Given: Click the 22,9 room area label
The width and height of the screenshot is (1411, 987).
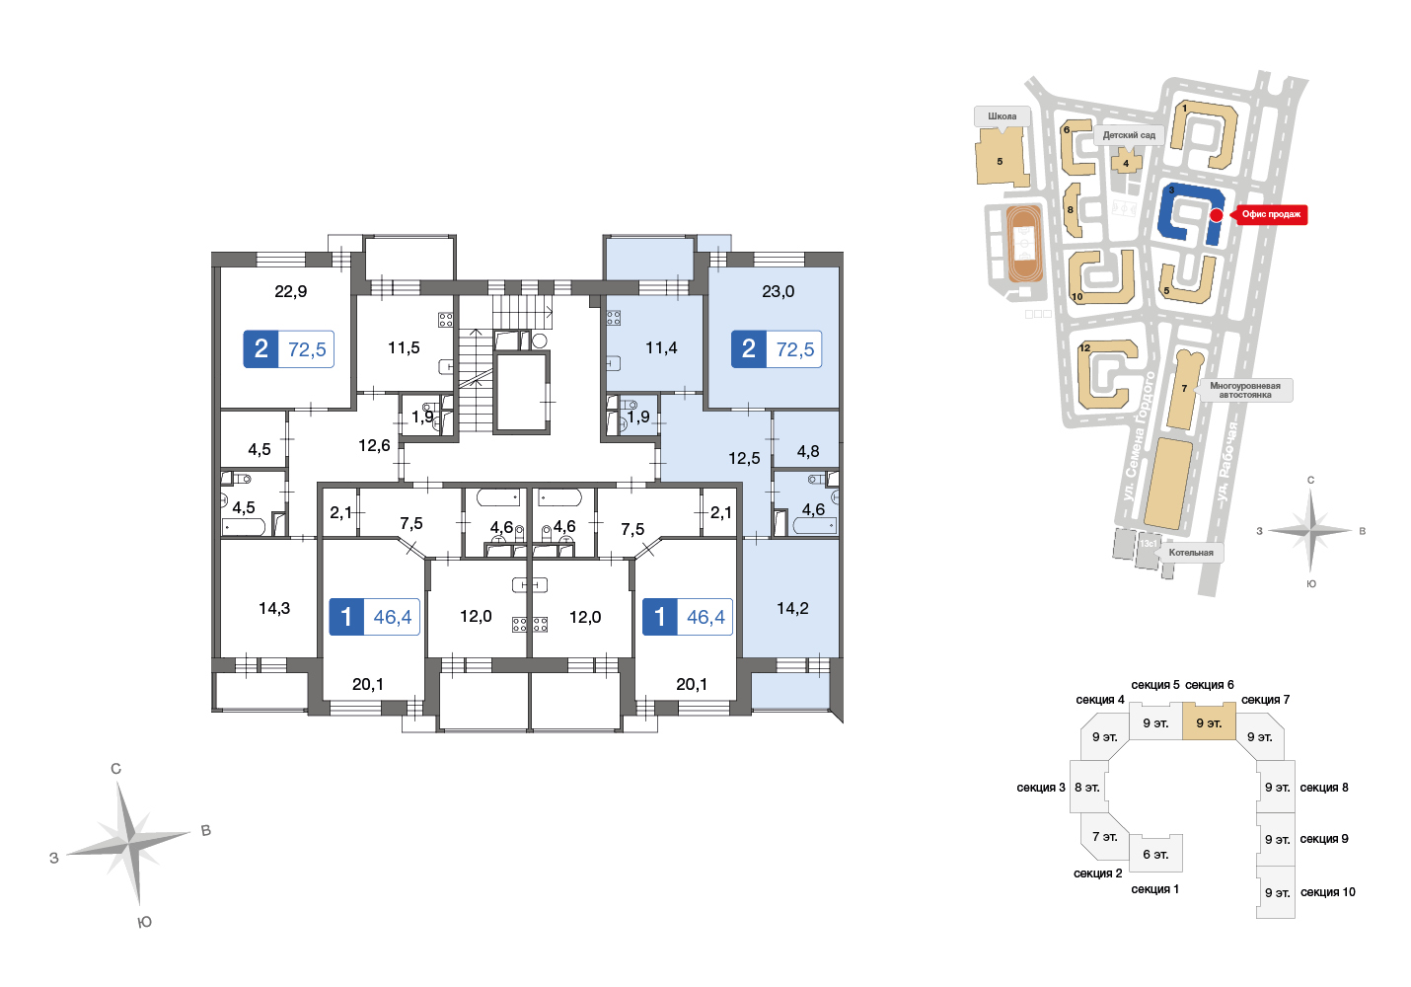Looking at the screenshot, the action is [x=291, y=291].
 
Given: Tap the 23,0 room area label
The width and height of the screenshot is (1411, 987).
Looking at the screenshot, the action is [x=778, y=291].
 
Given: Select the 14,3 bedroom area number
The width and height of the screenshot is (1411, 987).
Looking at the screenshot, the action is [x=274, y=608].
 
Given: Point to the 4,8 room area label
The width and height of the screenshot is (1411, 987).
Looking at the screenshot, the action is [x=808, y=451].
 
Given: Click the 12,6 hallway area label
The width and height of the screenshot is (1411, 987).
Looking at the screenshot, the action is [x=374, y=445].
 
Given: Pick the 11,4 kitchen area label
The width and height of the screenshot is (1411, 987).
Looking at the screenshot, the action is [x=661, y=347].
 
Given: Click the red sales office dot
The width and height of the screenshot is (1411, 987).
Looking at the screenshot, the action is [x=1217, y=215].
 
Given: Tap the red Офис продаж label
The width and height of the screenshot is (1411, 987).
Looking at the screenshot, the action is [x=1270, y=214].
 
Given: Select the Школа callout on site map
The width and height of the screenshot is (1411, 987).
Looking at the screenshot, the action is [x=1003, y=116].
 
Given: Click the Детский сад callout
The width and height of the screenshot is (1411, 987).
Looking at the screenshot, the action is [x=1130, y=135].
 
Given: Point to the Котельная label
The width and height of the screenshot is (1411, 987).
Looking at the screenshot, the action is [x=1191, y=553].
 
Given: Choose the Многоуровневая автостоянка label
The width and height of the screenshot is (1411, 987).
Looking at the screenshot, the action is [x=1244, y=390].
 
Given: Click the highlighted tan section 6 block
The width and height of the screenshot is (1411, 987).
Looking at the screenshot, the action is [x=1209, y=721].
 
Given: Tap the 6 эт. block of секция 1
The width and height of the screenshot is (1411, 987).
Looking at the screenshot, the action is [x=1155, y=854].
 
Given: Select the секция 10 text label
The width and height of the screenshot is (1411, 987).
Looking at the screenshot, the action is [x=1328, y=892].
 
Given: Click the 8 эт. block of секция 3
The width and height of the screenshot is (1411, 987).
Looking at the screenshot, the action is [x=1088, y=787].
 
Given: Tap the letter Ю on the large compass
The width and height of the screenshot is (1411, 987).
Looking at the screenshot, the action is [x=144, y=922].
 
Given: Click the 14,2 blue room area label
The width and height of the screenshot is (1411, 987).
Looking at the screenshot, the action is [x=792, y=608].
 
